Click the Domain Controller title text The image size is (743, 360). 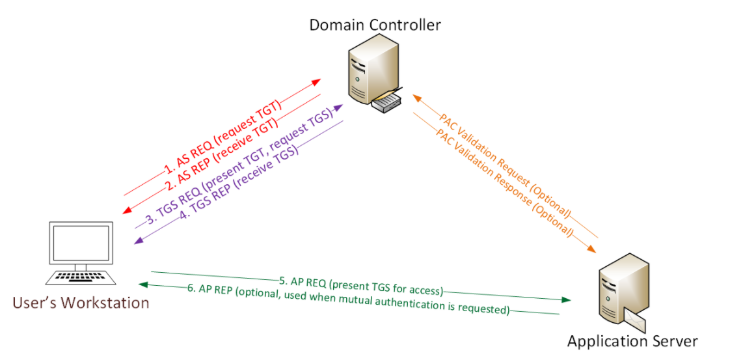click(375, 25)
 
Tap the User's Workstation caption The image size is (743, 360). click(80, 303)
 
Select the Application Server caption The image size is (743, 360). click(632, 341)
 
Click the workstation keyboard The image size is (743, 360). click(81, 278)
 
